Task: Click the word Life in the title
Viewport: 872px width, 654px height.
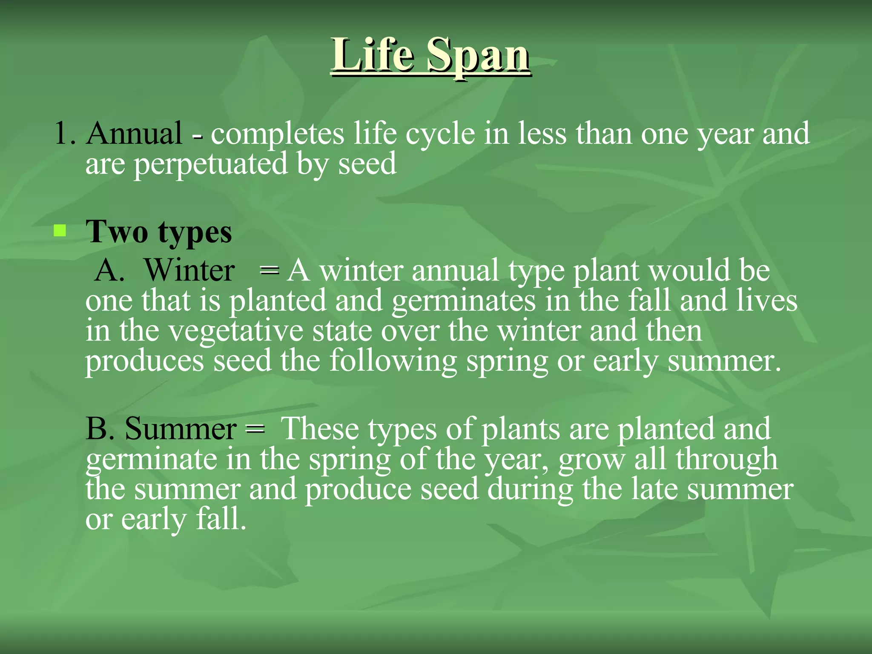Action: (x=373, y=55)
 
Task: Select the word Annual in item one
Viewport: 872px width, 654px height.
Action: (x=134, y=134)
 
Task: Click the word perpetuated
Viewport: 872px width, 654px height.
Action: (x=211, y=165)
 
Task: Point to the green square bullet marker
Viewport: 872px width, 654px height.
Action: (x=60, y=231)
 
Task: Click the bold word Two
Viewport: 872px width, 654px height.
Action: (x=117, y=232)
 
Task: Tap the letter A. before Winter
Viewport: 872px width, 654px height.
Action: (x=110, y=270)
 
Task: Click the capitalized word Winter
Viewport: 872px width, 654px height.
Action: (x=189, y=270)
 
